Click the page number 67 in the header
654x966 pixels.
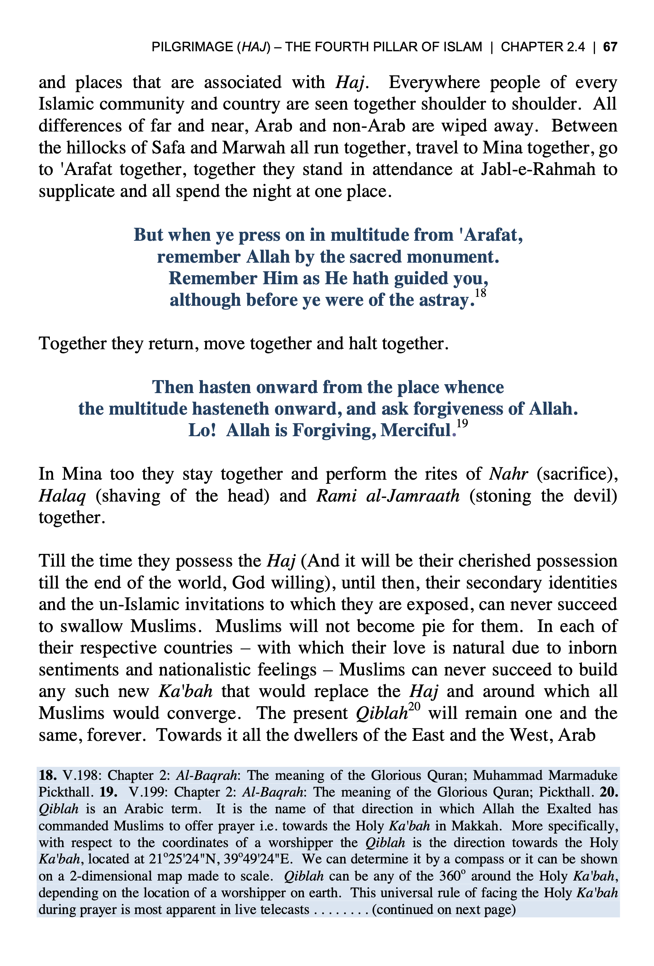pos(610,46)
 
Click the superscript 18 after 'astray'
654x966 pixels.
pos(480,293)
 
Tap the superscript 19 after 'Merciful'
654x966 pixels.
pos(462,423)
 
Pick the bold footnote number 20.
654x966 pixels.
pos(609,792)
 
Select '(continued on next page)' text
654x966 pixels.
pos(444,910)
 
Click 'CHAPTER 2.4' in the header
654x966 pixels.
pos(543,46)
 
